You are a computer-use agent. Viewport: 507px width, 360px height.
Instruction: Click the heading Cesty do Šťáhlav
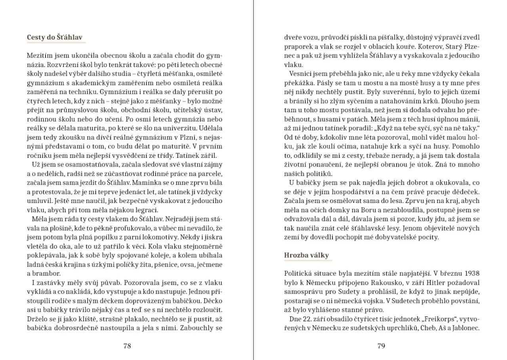click(x=55, y=38)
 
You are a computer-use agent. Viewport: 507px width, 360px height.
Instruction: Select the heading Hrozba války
click(x=307, y=255)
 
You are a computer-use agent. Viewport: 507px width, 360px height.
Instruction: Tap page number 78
click(x=127, y=346)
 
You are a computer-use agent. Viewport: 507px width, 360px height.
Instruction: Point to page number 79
click(x=381, y=346)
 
